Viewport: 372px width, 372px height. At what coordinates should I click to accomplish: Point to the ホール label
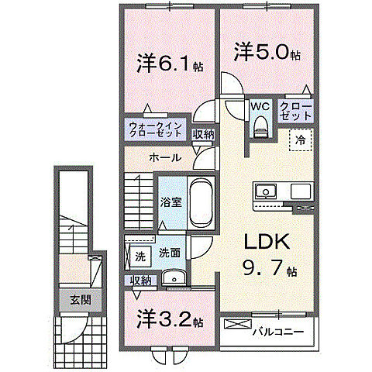pos(165,157)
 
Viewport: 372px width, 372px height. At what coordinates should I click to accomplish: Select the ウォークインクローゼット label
pos(156,129)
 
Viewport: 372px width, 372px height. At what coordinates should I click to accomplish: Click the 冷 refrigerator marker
pos(299,141)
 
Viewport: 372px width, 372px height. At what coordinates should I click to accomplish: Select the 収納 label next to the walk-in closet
pos(203,134)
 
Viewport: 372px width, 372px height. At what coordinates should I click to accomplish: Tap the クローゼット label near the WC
pos(296,111)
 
